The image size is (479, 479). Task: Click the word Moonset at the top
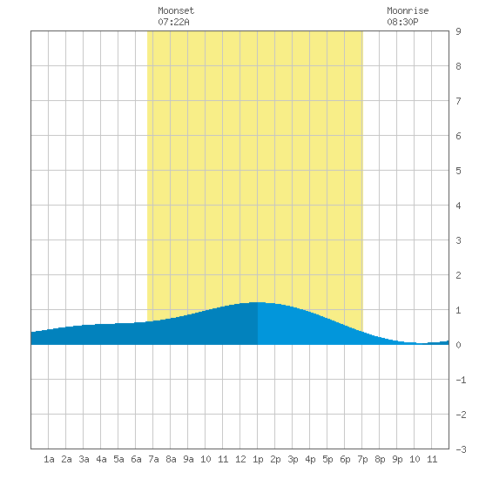176,10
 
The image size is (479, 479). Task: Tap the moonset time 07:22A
173,22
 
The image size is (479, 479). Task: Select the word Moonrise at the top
408,10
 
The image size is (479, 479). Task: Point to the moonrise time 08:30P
402,22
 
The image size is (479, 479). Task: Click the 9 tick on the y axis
458,31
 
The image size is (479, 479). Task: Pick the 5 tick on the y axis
458,171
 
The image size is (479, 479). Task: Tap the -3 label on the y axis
461,449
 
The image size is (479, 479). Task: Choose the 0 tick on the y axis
458,345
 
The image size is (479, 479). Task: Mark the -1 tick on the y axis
461,380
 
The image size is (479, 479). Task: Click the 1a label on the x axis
49,459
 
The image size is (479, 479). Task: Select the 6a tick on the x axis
136,459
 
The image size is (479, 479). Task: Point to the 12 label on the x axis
240,459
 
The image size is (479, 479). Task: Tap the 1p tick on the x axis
258,459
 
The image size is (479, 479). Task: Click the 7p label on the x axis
362,459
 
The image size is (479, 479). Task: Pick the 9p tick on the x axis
397,459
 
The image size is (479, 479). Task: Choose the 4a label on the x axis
101,459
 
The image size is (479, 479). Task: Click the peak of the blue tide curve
258,302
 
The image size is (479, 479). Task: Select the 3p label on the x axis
293,459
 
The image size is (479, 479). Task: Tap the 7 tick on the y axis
458,101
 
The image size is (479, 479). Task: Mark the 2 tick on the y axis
458,275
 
